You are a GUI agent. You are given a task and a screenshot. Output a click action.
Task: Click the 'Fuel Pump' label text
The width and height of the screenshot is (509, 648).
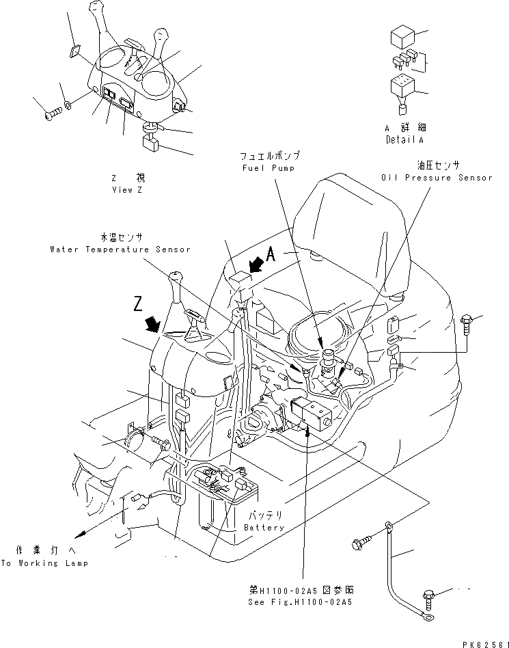click(267, 167)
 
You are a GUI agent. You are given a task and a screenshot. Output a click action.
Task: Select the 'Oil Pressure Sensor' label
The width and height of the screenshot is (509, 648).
click(437, 177)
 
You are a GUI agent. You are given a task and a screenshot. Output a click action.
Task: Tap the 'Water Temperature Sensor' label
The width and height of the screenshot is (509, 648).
click(120, 249)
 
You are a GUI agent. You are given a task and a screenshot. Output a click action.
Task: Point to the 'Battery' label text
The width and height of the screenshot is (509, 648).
click(264, 527)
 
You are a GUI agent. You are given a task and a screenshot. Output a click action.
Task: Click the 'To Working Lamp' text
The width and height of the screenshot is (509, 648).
click(44, 563)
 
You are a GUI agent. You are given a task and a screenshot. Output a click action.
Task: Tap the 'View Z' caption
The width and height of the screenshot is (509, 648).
click(128, 190)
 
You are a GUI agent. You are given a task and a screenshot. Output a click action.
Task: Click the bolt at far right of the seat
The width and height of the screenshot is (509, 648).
click(468, 319)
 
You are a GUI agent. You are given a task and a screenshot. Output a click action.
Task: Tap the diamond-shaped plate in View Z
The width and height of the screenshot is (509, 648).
click(75, 52)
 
